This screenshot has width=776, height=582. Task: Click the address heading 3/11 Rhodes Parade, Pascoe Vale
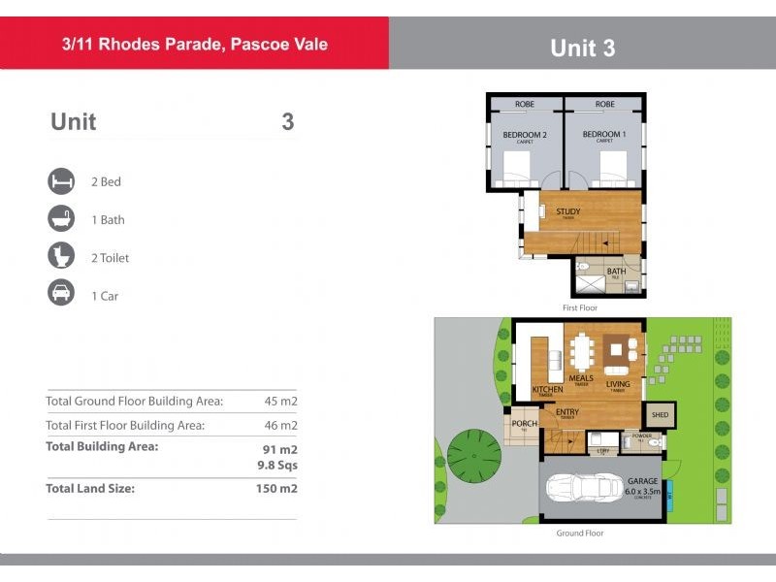click(x=195, y=44)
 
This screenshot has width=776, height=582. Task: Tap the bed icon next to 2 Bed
click(x=61, y=181)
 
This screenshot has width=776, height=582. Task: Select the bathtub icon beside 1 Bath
click(x=61, y=219)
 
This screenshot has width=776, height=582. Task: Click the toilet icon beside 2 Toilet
click(x=61, y=257)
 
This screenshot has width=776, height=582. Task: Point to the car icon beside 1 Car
click(x=61, y=295)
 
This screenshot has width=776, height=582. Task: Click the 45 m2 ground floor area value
click(x=280, y=401)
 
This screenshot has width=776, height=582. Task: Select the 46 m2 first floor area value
click(x=280, y=425)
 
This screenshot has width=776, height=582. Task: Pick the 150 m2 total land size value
click(x=277, y=488)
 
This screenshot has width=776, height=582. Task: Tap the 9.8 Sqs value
click(x=276, y=465)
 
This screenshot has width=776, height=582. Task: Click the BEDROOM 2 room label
click(x=525, y=135)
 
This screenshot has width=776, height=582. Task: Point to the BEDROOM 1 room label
click(x=604, y=135)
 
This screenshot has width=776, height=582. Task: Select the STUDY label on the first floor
click(x=567, y=211)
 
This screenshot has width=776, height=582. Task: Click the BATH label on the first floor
click(x=615, y=272)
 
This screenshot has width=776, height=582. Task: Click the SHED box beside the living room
click(x=660, y=414)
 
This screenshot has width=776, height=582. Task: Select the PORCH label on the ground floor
click(x=524, y=424)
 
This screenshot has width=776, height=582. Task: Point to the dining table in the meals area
click(x=582, y=351)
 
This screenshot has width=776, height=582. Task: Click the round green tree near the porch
click(x=473, y=451)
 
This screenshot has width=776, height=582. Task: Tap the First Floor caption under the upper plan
click(x=580, y=307)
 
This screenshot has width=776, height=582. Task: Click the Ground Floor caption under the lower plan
click(x=581, y=533)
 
